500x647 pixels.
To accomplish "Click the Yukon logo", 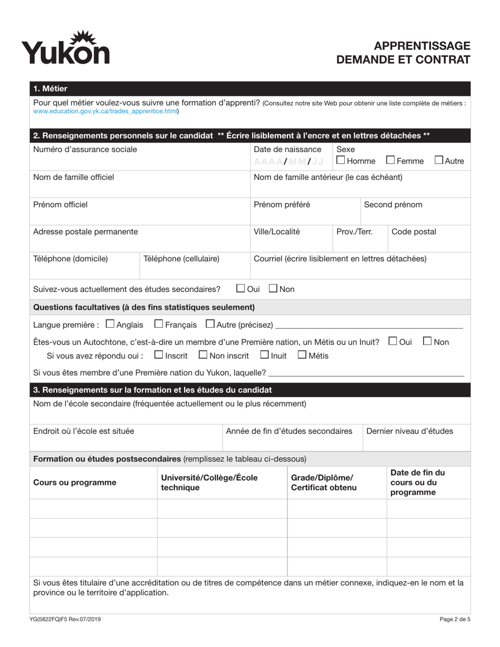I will (65, 48).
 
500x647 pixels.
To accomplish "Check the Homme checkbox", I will (341, 160).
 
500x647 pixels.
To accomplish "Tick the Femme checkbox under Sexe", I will (391, 160).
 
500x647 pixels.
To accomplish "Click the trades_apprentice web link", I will (105, 112).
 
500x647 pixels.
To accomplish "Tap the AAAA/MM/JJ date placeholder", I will (288, 161).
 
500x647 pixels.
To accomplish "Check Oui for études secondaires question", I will (241, 288).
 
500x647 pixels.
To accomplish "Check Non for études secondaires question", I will (273, 288).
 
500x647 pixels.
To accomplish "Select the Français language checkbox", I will (159, 324).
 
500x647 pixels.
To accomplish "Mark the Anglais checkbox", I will (110, 324).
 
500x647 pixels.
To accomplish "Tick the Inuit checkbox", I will (265, 355).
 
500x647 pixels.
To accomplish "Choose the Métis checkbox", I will (302, 355).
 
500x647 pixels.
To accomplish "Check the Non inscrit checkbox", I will (203, 355).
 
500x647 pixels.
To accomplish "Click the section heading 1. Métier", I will (50, 88).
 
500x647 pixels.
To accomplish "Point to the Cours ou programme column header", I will (75, 482).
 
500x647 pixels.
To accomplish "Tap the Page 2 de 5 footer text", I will (455, 619).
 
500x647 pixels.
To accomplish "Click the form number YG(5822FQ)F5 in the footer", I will (66, 619).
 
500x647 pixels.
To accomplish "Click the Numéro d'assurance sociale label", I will (85, 149).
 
